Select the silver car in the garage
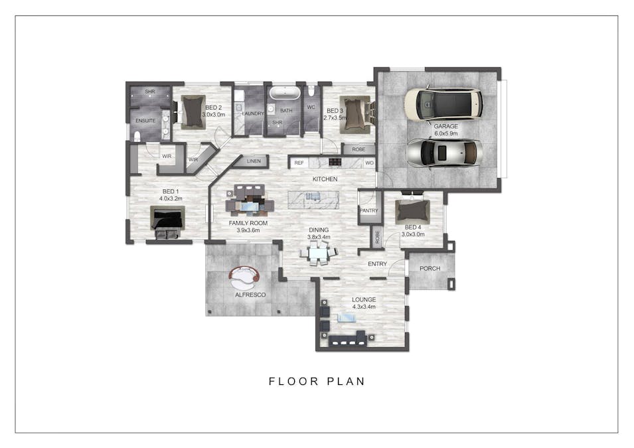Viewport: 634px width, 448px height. (x=444, y=153)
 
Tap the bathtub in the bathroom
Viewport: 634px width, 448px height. (x=285, y=93)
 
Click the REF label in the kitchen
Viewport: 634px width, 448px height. (x=299, y=163)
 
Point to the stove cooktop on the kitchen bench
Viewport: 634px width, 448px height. (x=335, y=162)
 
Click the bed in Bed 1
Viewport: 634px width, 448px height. (x=168, y=221)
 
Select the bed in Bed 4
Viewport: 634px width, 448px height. (x=412, y=210)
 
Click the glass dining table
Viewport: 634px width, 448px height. (x=318, y=254)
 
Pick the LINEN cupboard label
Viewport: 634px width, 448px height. (x=254, y=161)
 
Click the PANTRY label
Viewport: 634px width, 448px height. (x=368, y=210)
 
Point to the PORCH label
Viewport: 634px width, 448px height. (x=430, y=268)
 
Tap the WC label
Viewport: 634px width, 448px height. (x=311, y=107)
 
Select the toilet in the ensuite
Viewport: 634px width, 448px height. (x=137, y=136)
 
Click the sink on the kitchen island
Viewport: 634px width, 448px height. (x=313, y=196)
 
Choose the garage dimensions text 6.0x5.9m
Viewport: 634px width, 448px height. (x=446, y=133)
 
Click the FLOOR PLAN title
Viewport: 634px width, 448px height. (x=317, y=381)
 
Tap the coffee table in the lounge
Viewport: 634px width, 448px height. (x=347, y=318)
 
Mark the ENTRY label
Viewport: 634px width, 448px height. (x=377, y=263)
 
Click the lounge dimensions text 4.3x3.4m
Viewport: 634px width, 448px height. (x=364, y=307)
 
